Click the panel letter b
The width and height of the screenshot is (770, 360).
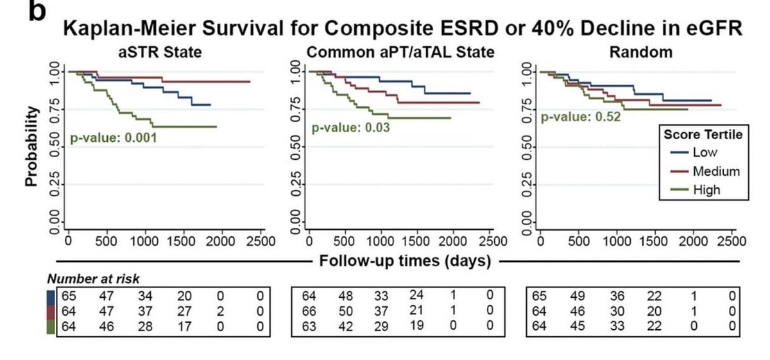[37, 12]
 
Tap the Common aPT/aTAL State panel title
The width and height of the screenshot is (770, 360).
[400, 53]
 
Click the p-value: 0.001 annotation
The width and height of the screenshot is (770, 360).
[113, 137]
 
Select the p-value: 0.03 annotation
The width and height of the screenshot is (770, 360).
[351, 128]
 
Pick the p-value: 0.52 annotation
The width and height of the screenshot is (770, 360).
[581, 117]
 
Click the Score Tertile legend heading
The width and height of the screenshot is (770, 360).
[703, 135]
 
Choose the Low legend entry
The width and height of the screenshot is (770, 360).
[705, 153]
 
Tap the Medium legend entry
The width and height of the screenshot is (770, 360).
[715, 171]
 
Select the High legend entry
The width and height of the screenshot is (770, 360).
[706, 189]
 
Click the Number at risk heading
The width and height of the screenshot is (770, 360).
[93, 279]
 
